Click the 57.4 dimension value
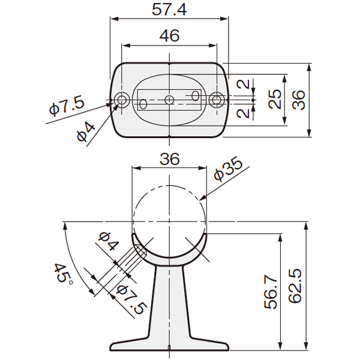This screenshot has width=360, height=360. coord(169,10)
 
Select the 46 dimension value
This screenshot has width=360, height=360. coord(169,36)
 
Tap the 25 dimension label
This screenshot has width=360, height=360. coord(275,99)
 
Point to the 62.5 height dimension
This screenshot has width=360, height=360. coord(295,286)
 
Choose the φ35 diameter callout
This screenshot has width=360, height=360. coord(228,169)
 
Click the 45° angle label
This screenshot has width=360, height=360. coord(63,274)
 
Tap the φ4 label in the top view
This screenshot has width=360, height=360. coord(86,132)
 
